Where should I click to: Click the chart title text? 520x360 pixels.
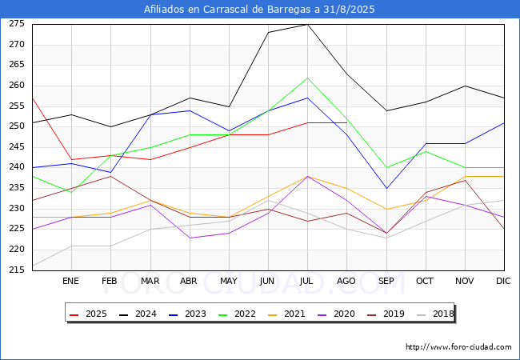point(259,10)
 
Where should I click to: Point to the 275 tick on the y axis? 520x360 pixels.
point(17,24)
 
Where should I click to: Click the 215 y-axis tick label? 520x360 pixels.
point(17,270)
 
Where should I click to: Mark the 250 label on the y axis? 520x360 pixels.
point(17,126)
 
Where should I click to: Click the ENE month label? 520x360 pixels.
point(71,281)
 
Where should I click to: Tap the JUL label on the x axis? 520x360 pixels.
point(307,281)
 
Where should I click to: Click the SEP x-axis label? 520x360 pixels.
point(386,281)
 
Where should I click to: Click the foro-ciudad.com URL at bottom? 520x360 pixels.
point(458,347)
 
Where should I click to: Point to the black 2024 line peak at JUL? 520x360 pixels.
point(307,24)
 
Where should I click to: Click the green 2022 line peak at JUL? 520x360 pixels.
point(307,78)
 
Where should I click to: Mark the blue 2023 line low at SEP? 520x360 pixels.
point(386,188)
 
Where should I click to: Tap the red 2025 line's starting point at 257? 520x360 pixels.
point(32,98)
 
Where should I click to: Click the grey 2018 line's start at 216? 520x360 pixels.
point(32,266)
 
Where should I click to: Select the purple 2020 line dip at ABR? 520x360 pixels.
point(190,238)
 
